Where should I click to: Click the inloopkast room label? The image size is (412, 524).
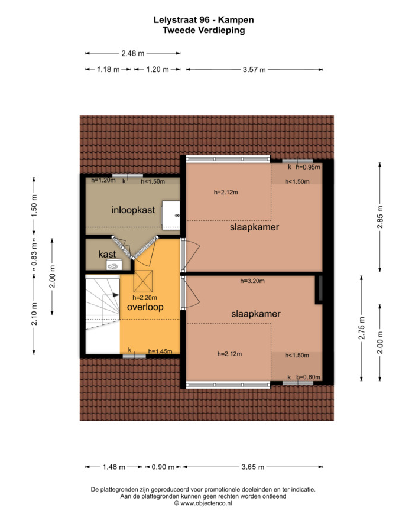(133, 210)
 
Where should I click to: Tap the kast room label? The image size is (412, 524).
(107, 254)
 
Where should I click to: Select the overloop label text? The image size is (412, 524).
(145, 307)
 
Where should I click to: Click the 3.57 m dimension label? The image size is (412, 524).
(254, 70)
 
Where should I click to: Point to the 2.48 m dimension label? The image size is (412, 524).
(133, 53)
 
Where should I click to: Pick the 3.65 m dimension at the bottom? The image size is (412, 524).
(253, 467)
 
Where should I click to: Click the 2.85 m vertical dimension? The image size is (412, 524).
(380, 217)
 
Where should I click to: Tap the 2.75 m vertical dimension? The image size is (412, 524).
(362, 328)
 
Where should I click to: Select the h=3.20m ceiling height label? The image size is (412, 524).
(252, 281)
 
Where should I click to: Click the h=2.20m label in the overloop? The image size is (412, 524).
(145, 297)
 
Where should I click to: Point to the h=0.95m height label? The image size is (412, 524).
(308, 167)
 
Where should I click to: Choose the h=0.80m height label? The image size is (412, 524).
(309, 377)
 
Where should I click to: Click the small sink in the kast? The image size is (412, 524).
(112, 266)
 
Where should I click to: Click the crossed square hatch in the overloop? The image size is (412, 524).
(143, 281)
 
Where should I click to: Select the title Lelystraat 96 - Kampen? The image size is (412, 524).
(204, 19)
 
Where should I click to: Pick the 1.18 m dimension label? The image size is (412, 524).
(108, 70)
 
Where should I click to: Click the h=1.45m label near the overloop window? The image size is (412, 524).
(160, 351)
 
